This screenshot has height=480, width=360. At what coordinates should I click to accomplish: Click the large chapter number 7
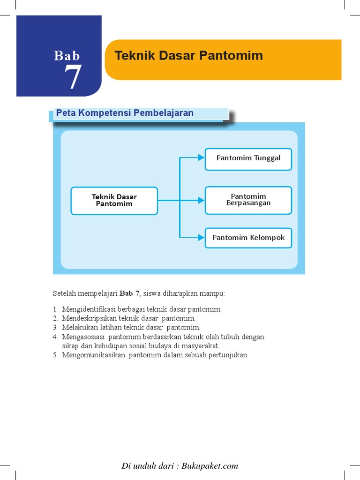[73, 77]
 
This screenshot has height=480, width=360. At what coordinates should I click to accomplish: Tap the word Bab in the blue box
[67, 56]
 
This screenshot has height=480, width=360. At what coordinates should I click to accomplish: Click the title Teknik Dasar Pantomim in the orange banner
[189, 56]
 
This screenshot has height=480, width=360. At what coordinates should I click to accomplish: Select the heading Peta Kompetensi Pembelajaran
[125, 113]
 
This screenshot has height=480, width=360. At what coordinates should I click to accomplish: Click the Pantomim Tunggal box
[248, 158]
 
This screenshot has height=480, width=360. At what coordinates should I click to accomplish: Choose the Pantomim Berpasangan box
[248, 200]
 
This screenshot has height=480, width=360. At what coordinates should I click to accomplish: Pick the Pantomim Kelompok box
[248, 238]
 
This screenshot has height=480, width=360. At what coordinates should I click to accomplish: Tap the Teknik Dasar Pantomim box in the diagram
[114, 200]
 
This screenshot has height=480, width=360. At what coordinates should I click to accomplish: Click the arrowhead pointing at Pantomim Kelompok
[201, 238]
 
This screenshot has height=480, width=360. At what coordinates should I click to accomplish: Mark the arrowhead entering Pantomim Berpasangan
[201, 200]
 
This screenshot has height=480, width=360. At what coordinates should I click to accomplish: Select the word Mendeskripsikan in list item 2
[86, 318]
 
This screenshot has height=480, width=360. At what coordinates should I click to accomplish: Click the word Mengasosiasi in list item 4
[82, 337]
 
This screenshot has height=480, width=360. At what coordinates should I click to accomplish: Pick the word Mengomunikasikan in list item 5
[89, 355]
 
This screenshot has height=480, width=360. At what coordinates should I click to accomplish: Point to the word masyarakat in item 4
[203, 345]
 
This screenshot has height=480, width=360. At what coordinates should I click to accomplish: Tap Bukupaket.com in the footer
[211, 466]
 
